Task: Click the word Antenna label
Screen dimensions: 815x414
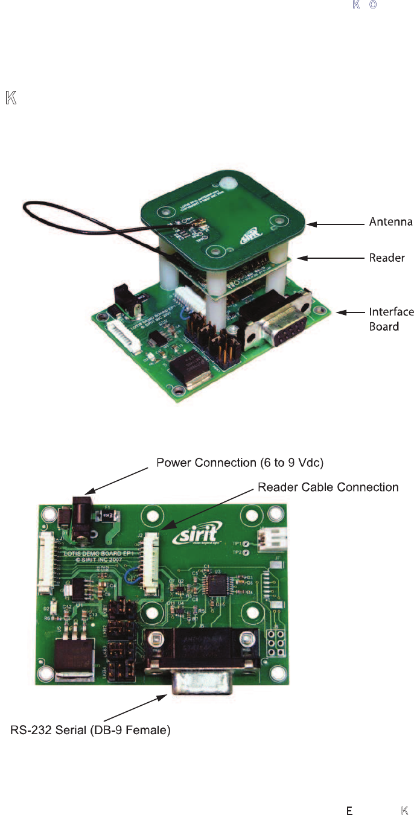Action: [390, 223]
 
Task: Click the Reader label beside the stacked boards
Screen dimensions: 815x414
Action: [387, 258]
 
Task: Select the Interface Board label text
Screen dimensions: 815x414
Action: [391, 319]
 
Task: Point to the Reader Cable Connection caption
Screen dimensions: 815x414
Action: [328, 487]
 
